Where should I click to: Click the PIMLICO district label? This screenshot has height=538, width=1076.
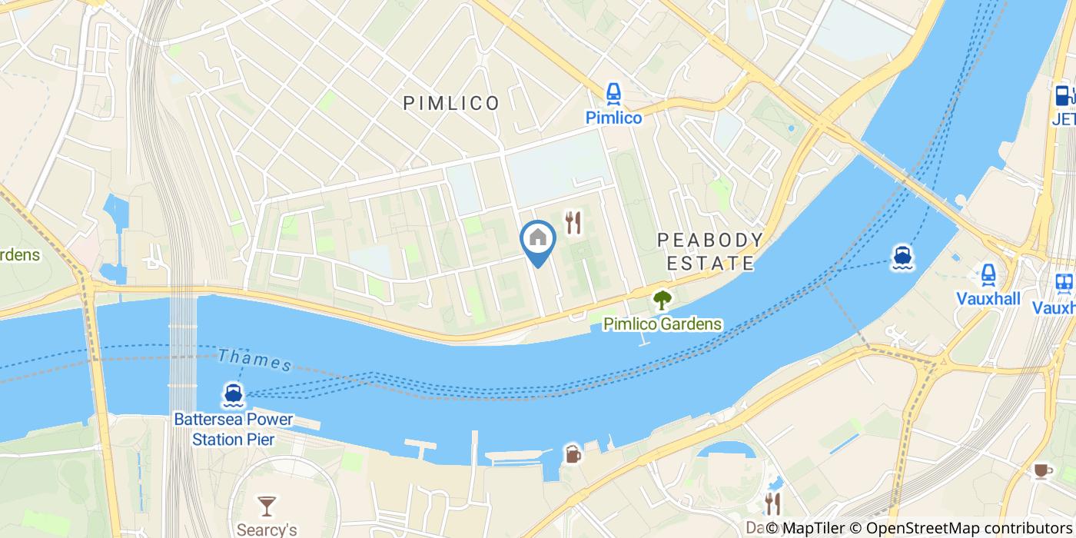tap(452, 103)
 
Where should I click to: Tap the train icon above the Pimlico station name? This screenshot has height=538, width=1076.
tap(613, 95)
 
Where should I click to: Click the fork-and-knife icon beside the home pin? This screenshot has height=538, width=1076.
tap(573, 223)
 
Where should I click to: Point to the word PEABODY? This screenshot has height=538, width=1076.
tap(710, 240)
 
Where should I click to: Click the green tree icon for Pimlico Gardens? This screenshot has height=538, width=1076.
tap(662, 300)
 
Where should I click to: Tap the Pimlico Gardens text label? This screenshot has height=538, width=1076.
tap(662, 324)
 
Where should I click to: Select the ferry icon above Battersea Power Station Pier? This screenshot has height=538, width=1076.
tap(234, 394)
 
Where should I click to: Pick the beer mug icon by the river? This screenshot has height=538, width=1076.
tap(573, 454)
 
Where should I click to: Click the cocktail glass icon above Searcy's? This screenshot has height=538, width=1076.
tap(267, 505)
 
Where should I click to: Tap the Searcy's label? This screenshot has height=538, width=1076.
tap(267, 530)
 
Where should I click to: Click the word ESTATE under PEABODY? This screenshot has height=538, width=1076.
tap(710, 264)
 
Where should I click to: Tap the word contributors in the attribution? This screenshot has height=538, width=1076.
tap(1028, 528)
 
